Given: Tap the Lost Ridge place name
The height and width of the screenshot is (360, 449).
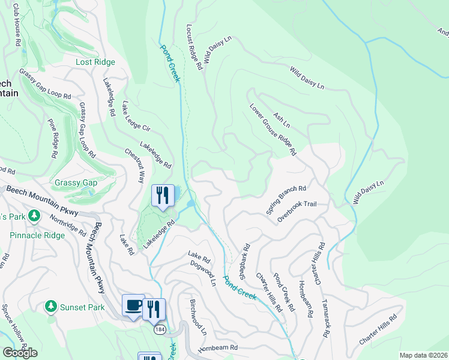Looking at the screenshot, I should tap(95, 62).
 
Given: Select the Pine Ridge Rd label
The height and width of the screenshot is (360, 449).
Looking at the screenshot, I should tap(53, 137).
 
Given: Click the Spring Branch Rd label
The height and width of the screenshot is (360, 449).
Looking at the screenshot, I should tap(286, 200).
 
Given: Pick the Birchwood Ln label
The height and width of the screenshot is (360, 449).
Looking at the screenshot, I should tap(198, 317).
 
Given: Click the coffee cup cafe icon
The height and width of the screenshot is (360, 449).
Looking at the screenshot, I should tap(133, 305).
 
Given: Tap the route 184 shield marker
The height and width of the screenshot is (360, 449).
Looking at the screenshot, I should tap(159, 329).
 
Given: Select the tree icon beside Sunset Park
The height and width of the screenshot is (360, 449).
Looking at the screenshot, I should tap(51, 307).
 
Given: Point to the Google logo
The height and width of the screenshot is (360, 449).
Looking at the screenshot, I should tap(20, 352).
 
